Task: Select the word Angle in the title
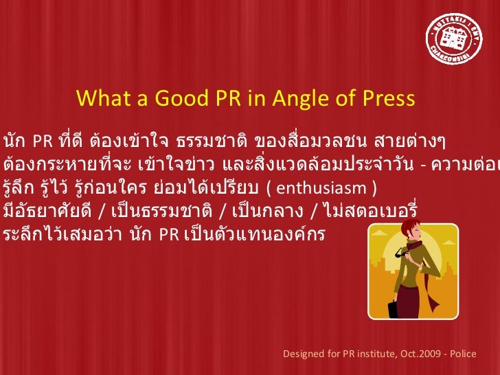tap(299, 100)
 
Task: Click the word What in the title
tap(101, 100)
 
